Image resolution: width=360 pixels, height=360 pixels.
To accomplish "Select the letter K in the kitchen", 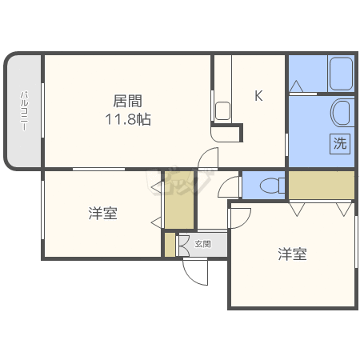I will [x=258, y=96].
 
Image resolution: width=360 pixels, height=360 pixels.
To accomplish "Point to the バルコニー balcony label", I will [x=24, y=112].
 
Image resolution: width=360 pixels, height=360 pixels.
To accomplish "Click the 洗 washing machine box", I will [x=340, y=145].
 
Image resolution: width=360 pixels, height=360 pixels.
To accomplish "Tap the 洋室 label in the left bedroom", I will [x=103, y=214].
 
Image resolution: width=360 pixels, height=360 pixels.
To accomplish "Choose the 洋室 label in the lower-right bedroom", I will [x=293, y=254].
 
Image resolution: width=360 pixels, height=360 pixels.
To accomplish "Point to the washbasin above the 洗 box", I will [x=342, y=113].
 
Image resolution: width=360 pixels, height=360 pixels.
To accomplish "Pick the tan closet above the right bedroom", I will [x=322, y=186].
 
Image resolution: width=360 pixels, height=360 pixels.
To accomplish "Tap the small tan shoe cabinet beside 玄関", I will [x=170, y=245].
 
